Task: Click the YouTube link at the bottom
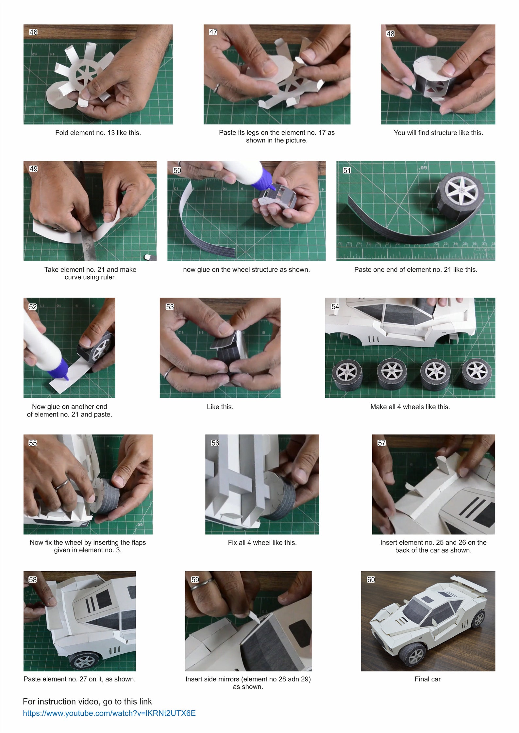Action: click(109, 713)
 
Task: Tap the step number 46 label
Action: click(33, 32)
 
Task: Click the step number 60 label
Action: click(371, 580)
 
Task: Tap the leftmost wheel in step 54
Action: click(347, 375)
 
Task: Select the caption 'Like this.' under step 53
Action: click(220, 407)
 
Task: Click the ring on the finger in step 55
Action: click(61, 485)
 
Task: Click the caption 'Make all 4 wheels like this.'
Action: click(410, 407)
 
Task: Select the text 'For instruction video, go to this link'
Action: click(87, 701)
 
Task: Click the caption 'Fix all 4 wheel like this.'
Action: click(262, 543)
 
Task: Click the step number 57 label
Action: click(381, 443)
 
